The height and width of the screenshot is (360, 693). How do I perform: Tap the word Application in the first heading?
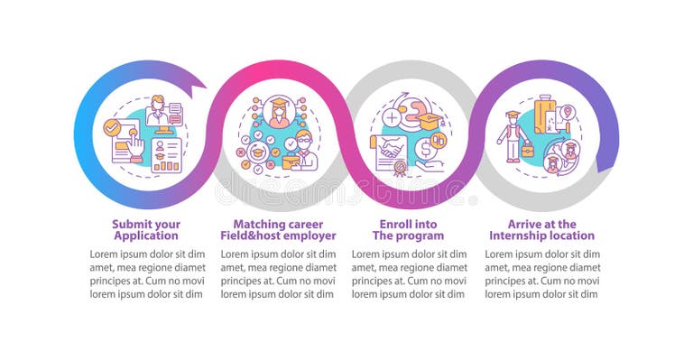click(146, 235)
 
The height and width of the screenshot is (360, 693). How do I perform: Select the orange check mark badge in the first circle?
click(113, 127)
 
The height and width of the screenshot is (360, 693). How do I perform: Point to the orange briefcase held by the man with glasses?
click(291, 162)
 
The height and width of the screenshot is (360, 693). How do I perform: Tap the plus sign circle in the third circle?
click(393, 118)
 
